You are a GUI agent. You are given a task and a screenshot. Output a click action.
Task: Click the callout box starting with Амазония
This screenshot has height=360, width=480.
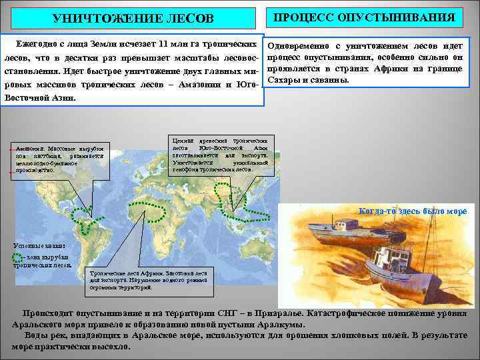(x=59, y=159)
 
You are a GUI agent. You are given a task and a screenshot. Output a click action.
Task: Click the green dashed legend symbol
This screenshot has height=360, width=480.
(x=18, y=256)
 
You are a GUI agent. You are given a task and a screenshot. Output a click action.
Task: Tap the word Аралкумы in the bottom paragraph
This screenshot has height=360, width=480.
(x=280, y=325)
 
